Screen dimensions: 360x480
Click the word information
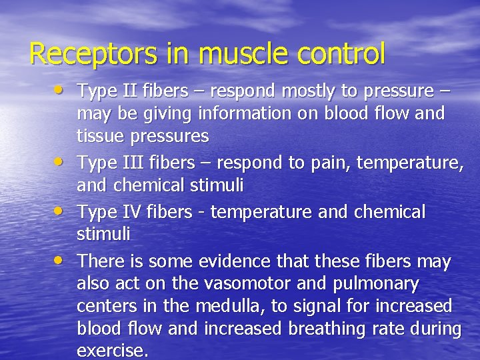[x=243, y=113]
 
